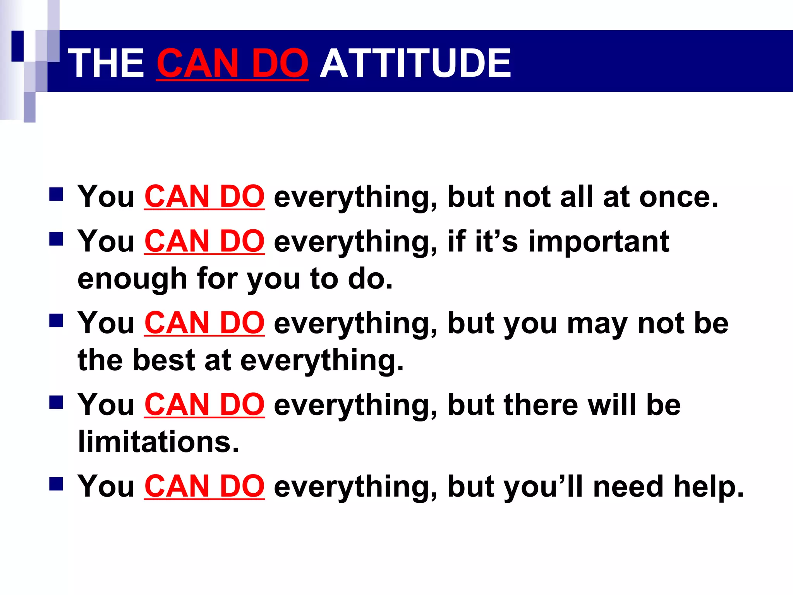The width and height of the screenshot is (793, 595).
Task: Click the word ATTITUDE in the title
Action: [x=415, y=63]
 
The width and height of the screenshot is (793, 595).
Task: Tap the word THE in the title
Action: [x=108, y=63]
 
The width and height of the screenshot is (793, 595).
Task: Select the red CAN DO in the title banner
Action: [x=232, y=63]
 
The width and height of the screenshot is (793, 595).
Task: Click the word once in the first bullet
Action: [x=678, y=197]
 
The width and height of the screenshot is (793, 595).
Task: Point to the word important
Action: [x=599, y=241]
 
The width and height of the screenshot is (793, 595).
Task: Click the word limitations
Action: [x=158, y=442]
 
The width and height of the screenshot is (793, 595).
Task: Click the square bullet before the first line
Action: [x=56, y=195]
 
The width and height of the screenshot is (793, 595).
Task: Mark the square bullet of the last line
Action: [x=56, y=484]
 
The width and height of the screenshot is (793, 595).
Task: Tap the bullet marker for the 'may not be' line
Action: [x=56, y=321]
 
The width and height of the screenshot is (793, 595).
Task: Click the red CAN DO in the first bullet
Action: [x=204, y=197]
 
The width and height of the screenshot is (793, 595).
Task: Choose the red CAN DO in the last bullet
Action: [x=204, y=486]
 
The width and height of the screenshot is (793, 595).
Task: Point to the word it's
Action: [x=496, y=241]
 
